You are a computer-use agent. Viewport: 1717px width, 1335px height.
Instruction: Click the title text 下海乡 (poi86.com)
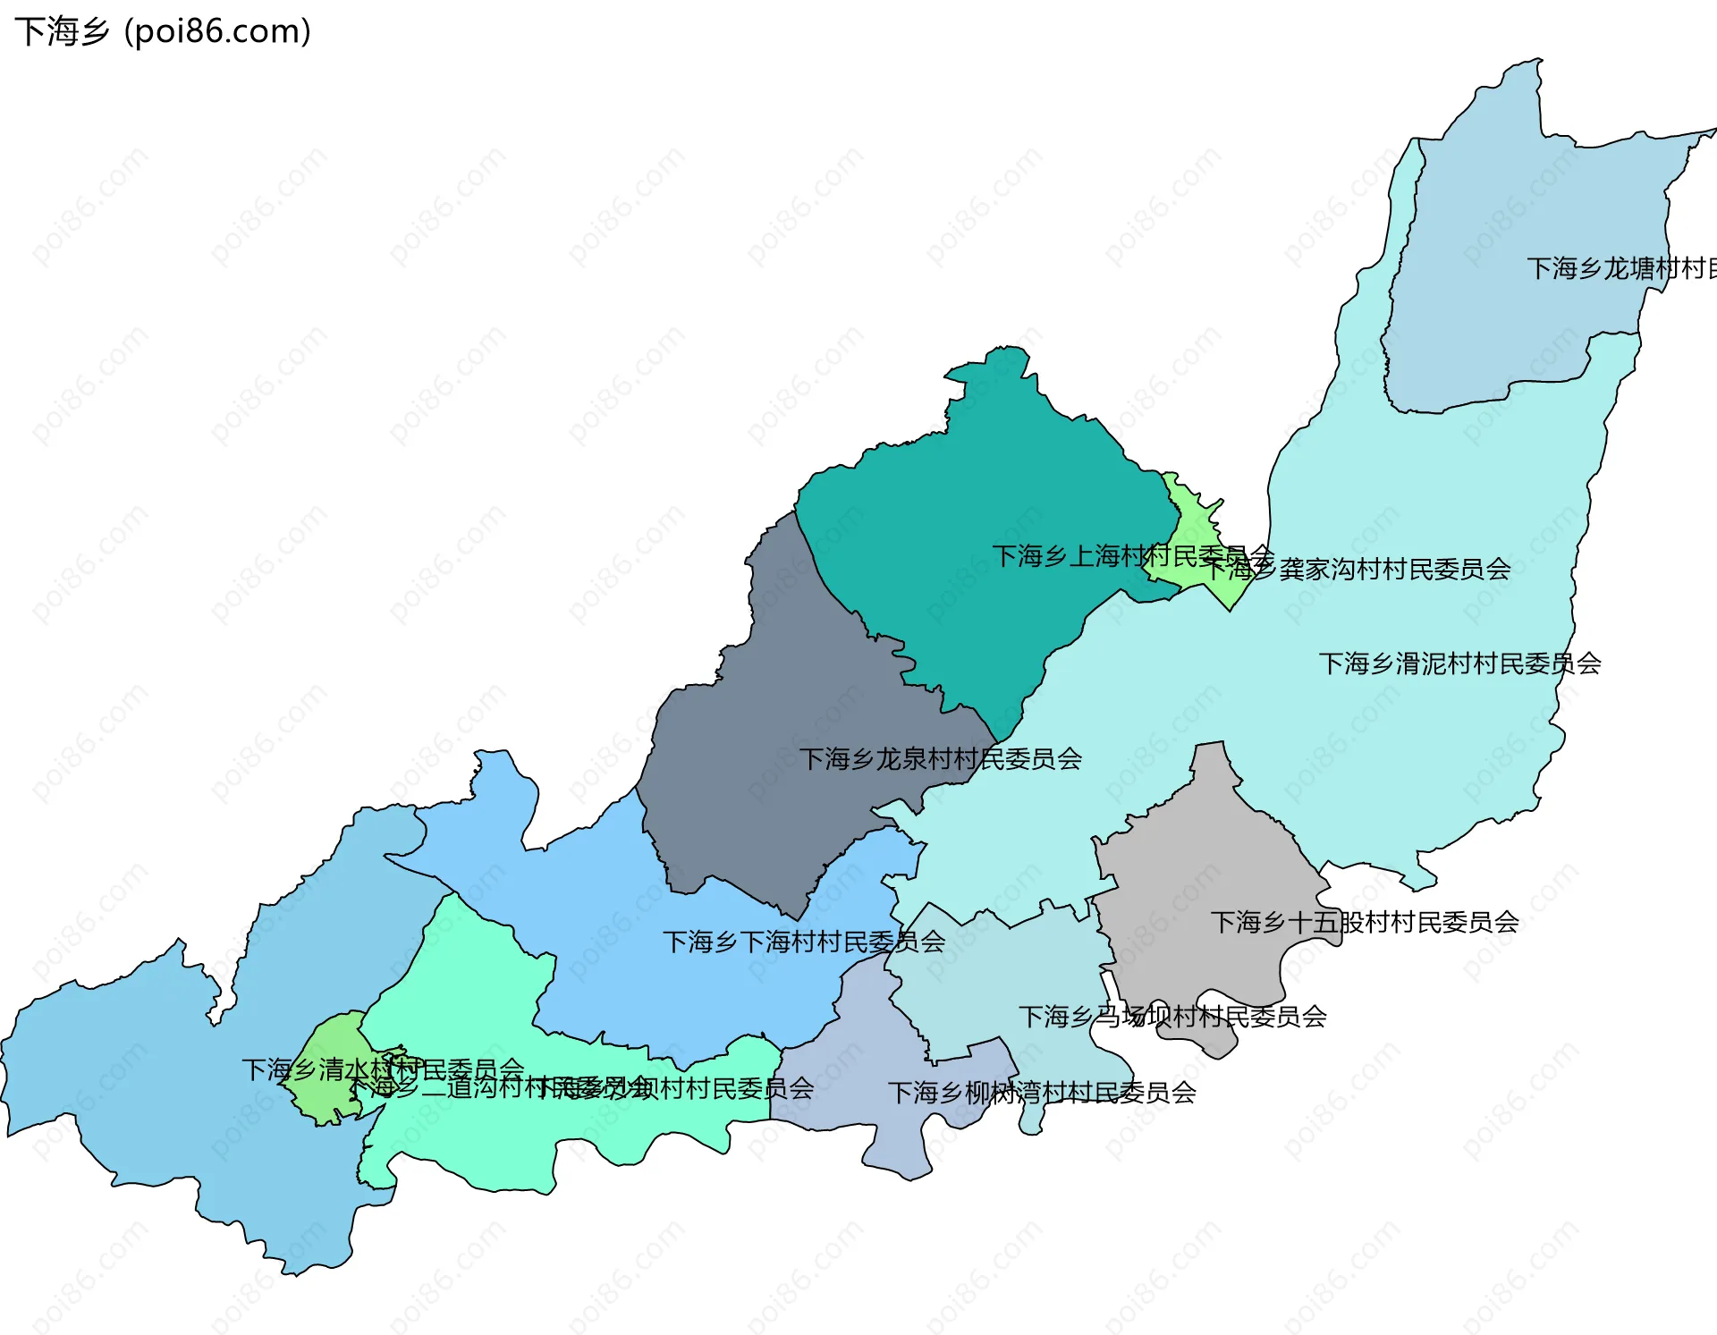(x=163, y=31)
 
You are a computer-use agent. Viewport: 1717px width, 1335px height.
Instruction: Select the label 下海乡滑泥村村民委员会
(x=1459, y=663)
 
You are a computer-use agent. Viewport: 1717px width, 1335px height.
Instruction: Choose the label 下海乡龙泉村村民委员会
(x=940, y=759)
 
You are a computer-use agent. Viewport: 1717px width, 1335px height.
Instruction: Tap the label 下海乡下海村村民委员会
(x=803, y=942)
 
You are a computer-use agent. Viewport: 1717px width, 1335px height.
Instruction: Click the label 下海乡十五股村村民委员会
(x=1365, y=922)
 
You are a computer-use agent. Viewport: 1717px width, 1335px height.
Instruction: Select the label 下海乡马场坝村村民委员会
(x=1172, y=1017)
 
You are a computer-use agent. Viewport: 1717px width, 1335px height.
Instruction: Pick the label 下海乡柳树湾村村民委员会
(x=1042, y=1093)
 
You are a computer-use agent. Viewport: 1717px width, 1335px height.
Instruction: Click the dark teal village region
(x=984, y=501)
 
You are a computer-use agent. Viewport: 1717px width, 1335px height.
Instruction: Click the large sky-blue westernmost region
(x=134, y=1073)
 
